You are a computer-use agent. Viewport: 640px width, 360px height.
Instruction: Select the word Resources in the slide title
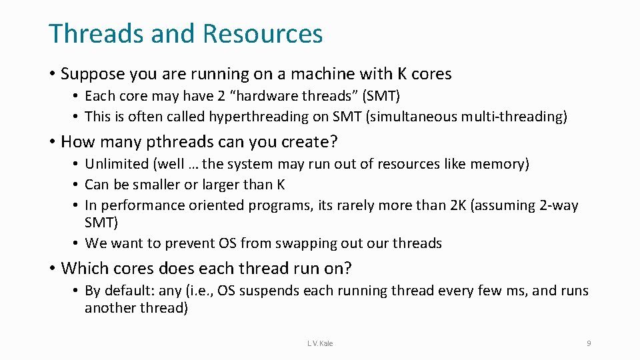pos(264,33)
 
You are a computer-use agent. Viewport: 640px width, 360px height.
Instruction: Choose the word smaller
pos(151,185)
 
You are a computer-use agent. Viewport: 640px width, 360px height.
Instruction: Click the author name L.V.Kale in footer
pos(320,343)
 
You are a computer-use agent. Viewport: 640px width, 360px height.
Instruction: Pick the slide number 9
pos(589,343)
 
